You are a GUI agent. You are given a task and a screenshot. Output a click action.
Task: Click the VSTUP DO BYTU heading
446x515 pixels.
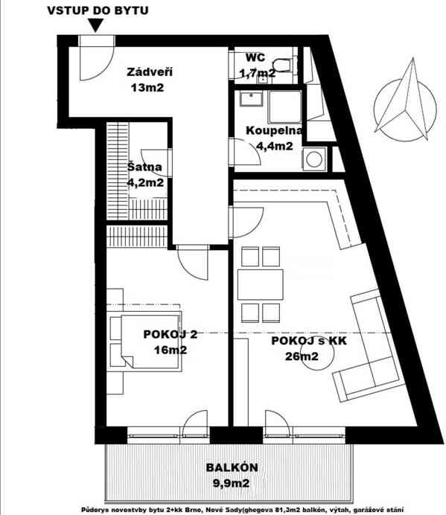pos(97,10)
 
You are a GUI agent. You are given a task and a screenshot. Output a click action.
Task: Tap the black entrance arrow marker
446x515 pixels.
pos(95,26)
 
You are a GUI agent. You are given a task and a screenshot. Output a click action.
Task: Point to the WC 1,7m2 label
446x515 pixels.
pos(255,65)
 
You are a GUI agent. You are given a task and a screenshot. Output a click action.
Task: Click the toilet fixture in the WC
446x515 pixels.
pos(283,65)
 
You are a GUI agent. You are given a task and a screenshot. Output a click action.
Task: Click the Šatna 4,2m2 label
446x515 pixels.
pos(145,174)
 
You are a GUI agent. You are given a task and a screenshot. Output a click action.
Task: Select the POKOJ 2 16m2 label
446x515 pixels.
pos(165,342)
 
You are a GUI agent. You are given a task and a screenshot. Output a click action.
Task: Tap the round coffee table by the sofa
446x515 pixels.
pos(345,363)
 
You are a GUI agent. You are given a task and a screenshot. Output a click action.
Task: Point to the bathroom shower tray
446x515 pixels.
pos(285,109)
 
